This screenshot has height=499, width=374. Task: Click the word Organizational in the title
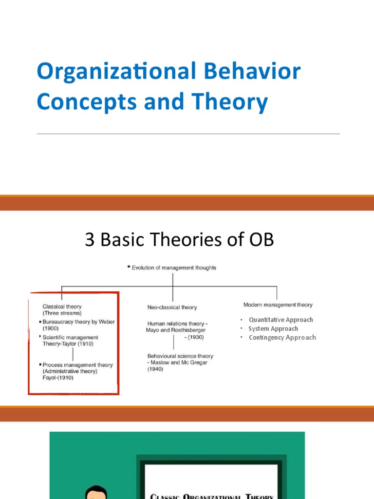(115, 72)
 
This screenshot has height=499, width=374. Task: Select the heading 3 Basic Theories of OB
(179, 240)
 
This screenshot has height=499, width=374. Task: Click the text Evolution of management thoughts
(174, 268)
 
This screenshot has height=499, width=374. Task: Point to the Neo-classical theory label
(172, 307)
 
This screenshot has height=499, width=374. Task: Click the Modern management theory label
(278, 305)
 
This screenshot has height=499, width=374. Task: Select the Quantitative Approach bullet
(280, 320)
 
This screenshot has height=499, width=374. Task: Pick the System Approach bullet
(273, 328)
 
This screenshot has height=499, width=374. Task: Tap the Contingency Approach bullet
(282, 337)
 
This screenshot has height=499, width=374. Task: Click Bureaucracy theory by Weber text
(79, 322)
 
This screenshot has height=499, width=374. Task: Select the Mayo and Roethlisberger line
(175, 330)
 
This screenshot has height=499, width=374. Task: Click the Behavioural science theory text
(180, 356)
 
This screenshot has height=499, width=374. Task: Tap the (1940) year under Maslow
(155, 369)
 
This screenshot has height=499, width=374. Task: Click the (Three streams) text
(62, 313)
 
